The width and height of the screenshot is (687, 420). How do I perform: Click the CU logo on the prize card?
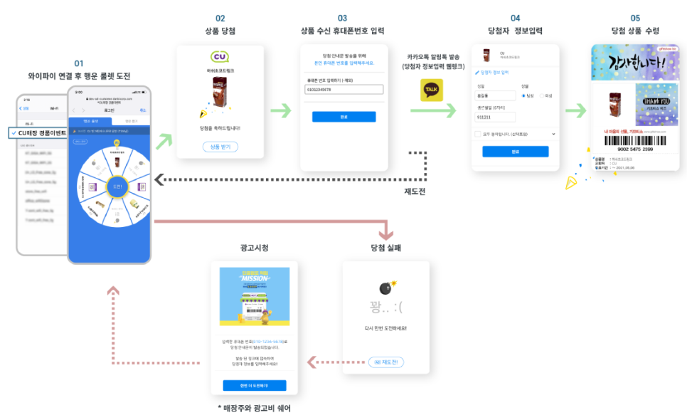[x=220, y=57]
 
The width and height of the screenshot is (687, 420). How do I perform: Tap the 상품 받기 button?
[x=220, y=147]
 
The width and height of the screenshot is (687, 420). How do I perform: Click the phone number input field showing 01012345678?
[x=343, y=90]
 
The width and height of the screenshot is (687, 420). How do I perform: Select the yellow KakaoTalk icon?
[x=432, y=90]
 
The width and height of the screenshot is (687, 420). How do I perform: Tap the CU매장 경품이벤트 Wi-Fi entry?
[x=39, y=132]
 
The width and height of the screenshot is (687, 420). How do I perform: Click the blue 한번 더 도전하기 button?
[x=255, y=385]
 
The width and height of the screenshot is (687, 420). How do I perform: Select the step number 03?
[x=342, y=18]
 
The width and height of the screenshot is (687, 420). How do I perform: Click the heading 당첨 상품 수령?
[x=635, y=31]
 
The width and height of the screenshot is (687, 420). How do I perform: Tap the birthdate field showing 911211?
[x=496, y=116]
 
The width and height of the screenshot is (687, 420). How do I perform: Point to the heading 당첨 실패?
[x=385, y=248]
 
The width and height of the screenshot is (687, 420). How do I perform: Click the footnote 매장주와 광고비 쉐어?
[x=254, y=409]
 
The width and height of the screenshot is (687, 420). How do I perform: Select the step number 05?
[x=635, y=18]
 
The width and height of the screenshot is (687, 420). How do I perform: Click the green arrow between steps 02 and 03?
[x=281, y=111]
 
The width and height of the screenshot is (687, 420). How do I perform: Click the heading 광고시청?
[x=254, y=248]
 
